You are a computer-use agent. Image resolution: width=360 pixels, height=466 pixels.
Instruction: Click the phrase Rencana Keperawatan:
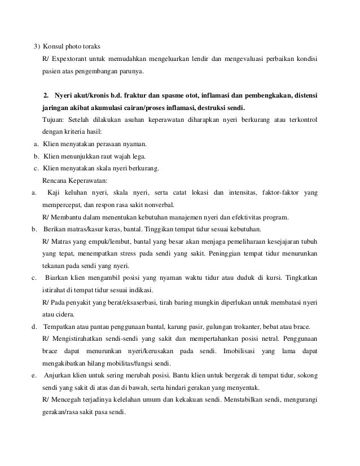point(71,181)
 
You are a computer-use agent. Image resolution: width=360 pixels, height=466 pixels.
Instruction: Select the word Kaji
point(55,194)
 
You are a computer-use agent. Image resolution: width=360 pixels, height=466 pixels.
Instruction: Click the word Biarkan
point(60,278)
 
